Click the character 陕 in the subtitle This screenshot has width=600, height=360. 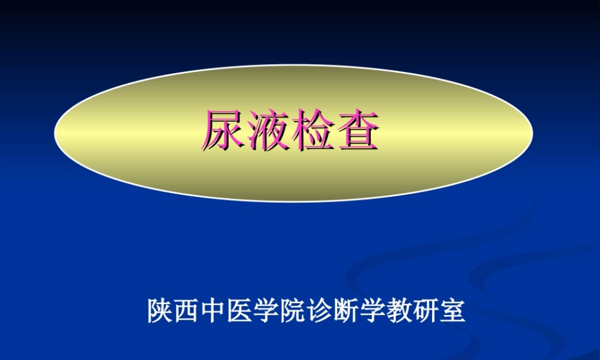point(160,311)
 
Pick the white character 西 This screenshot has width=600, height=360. point(187,311)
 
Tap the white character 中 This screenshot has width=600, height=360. point(214,311)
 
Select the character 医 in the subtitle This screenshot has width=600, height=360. point(241,311)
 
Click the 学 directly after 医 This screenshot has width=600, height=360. point(267,311)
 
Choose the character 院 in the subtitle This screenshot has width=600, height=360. point(293,311)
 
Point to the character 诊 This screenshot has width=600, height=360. point(320,311)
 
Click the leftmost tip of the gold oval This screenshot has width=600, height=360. point(55,133)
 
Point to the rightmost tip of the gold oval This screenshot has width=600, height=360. point(533,133)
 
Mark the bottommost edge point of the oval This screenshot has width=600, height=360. point(294,202)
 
